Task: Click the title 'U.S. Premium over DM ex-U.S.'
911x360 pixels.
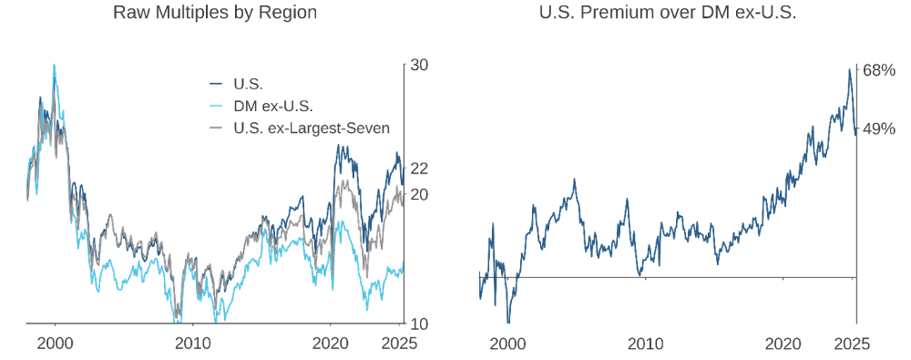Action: coord(668,13)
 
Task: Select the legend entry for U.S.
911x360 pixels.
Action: coord(249,85)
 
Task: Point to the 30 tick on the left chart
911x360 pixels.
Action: coord(419,66)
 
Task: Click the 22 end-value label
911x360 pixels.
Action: coord(419,169)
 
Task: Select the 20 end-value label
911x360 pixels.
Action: coord(419,194)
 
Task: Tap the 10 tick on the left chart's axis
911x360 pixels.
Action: coord(419,324)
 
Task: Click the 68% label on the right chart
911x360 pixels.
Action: coord(878,70)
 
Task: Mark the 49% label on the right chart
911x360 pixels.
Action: coord(878,129)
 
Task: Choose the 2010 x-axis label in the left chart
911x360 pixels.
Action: coord(192,344)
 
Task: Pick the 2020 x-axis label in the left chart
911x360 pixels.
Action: coord(330,344)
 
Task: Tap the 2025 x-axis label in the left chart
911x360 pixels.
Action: coord(398,344)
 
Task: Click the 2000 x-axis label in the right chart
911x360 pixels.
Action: coord(507,344)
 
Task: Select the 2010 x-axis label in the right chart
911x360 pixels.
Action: coord(645,344)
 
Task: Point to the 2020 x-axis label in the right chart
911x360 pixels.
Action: coord(783,344)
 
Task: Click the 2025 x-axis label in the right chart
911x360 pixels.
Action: coord(852,344)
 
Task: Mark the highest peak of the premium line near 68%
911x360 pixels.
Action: coord(849,68)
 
